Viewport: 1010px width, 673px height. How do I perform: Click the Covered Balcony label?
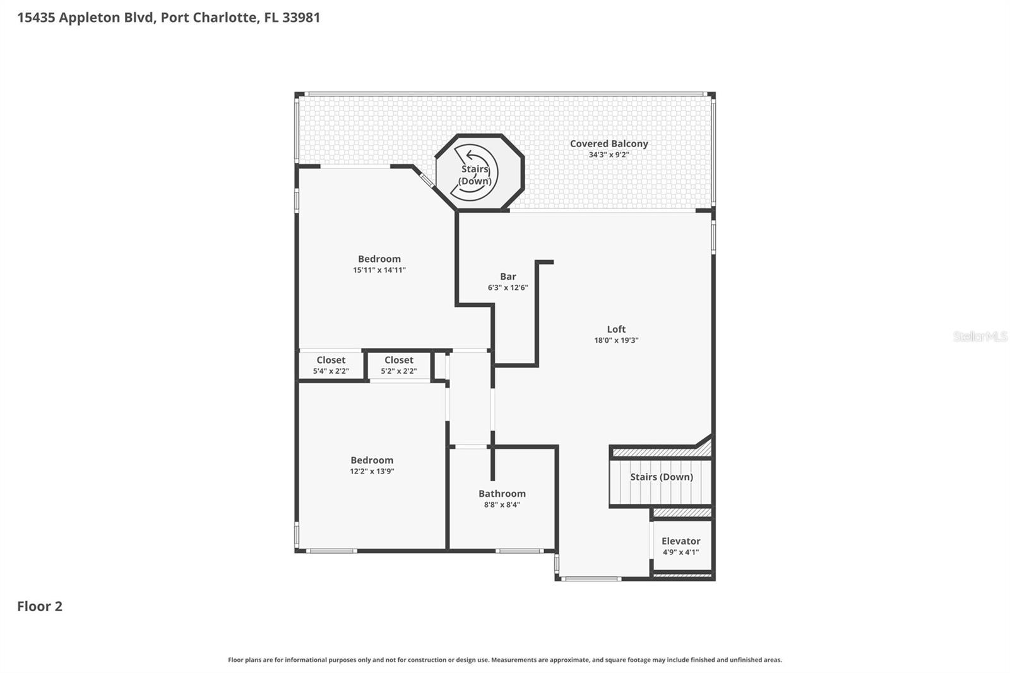(609, 144)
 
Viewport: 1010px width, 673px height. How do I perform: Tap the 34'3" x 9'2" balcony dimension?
(609, 155)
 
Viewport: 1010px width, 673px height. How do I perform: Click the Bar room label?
(508, 277)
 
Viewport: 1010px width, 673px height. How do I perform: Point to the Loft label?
(616, 329)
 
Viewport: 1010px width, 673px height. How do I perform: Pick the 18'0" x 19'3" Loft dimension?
(616, 340)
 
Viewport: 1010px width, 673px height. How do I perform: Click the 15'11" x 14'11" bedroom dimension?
(379, 270)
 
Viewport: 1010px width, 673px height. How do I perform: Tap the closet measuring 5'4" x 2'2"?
(331, 365)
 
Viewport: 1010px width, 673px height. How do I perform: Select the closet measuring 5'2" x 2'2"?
(399, 365)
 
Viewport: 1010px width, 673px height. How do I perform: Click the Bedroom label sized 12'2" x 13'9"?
(372, 460)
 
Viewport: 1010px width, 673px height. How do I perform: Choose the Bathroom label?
(502, 494)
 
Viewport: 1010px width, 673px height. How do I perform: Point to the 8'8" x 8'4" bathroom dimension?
(502, 505)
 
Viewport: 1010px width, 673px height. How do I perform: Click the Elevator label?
(680, 541)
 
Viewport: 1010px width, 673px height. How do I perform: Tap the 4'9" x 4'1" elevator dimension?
(680, 552)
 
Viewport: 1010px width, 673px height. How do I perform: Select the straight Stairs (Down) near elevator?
(661, 477)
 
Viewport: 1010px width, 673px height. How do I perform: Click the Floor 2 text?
(40, 606)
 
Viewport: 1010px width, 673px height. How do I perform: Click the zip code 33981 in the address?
(301, 17)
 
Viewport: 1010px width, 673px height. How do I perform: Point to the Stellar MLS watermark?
(980, 336)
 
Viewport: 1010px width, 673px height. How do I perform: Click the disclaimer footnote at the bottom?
(504, 660)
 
